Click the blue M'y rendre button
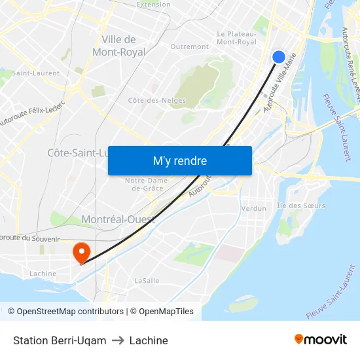point(180,161)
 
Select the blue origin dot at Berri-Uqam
point(278,57)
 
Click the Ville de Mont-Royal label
point(119,46)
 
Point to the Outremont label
point(189,47)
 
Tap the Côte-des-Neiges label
point(157,101)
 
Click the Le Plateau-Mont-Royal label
point(236,38)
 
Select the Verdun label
point(254,209)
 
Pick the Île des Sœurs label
point(301,206)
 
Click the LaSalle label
point(147,280)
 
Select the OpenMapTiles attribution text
point(165,312)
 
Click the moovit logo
point(320,340)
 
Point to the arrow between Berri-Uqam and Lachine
point(118,340)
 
